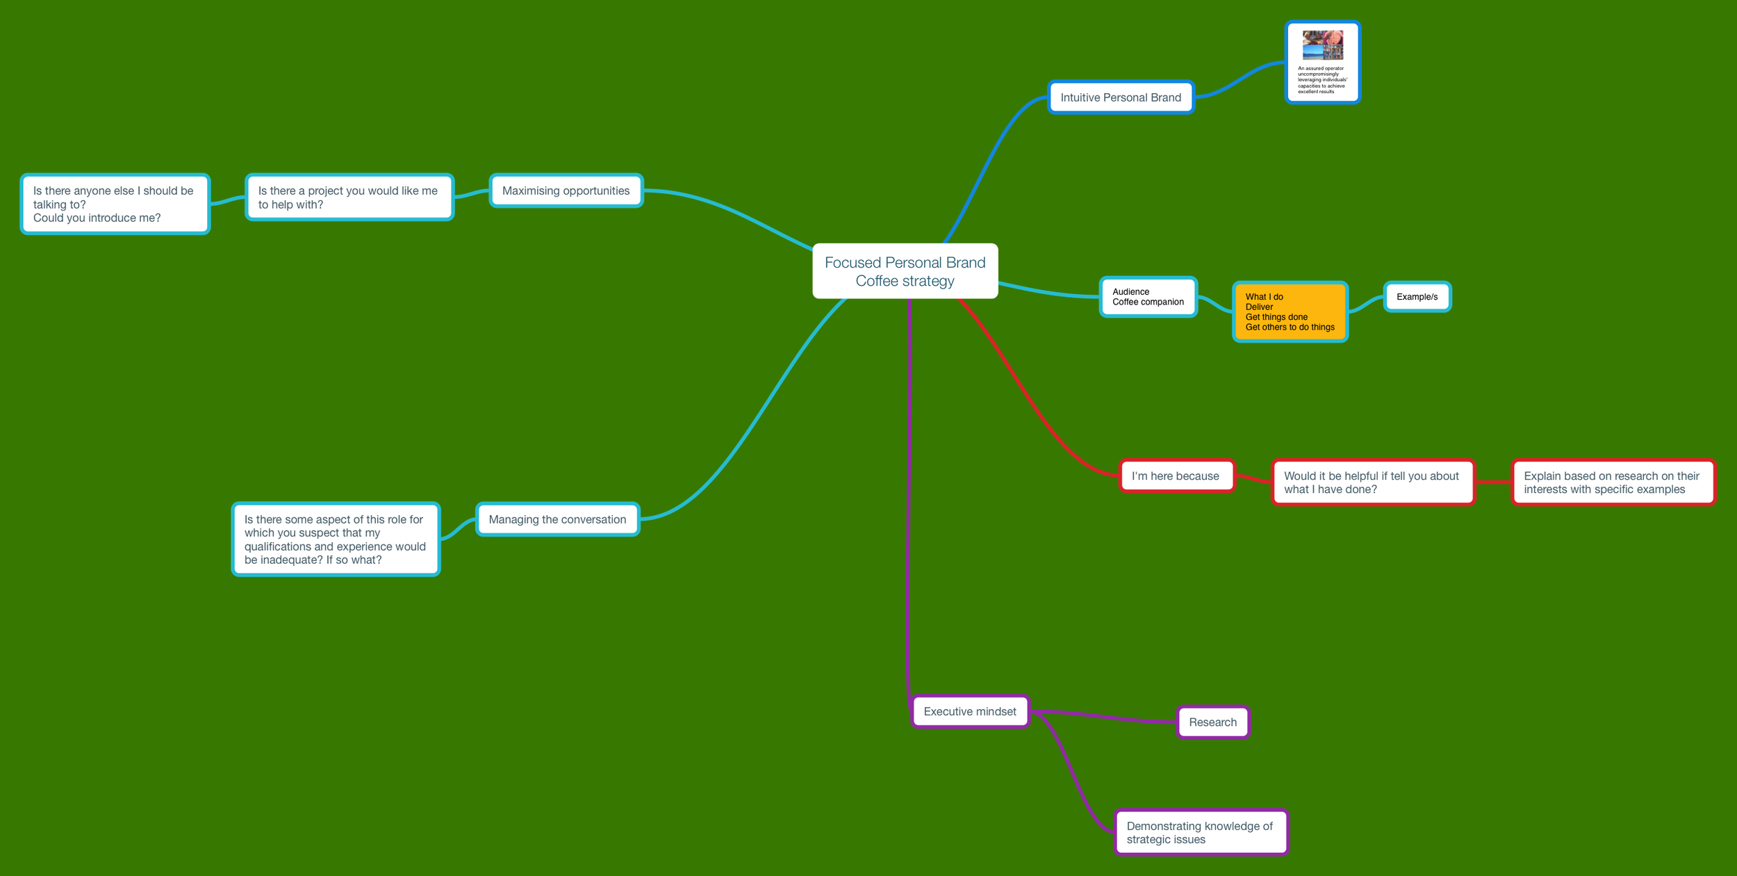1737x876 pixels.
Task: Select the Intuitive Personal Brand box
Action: tap(1120, 97)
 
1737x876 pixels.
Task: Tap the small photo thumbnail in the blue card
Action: tap(1322, 45)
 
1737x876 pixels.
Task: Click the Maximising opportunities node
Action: tap(566, 190)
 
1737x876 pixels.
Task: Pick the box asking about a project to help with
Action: tap(349, 197)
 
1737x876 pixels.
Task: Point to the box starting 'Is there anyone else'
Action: tap(115, 204)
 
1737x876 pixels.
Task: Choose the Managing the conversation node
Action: tap(557, 519)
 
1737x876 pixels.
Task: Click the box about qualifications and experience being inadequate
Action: tap(336, 540)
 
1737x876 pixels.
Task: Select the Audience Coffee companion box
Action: tap(1148, 297)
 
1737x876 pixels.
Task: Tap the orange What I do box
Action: tap(1290, 311)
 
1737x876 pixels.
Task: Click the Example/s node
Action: tap(1417, 297)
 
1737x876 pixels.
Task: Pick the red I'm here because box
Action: tap(1176, 476)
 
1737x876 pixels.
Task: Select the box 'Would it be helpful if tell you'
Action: tap(1372, 482)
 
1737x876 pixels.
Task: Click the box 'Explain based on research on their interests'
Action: tap(1612, 482)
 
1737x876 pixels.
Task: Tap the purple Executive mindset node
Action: tap(970, 711)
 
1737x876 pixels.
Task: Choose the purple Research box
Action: tap(1212, 722)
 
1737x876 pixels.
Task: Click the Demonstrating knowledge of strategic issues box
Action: tap(1200, 832)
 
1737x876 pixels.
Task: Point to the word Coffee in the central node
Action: tap(877, 282)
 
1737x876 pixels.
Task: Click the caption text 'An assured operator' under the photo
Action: tap(1321, 69)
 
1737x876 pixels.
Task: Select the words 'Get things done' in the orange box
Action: tap(1276, 317)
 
